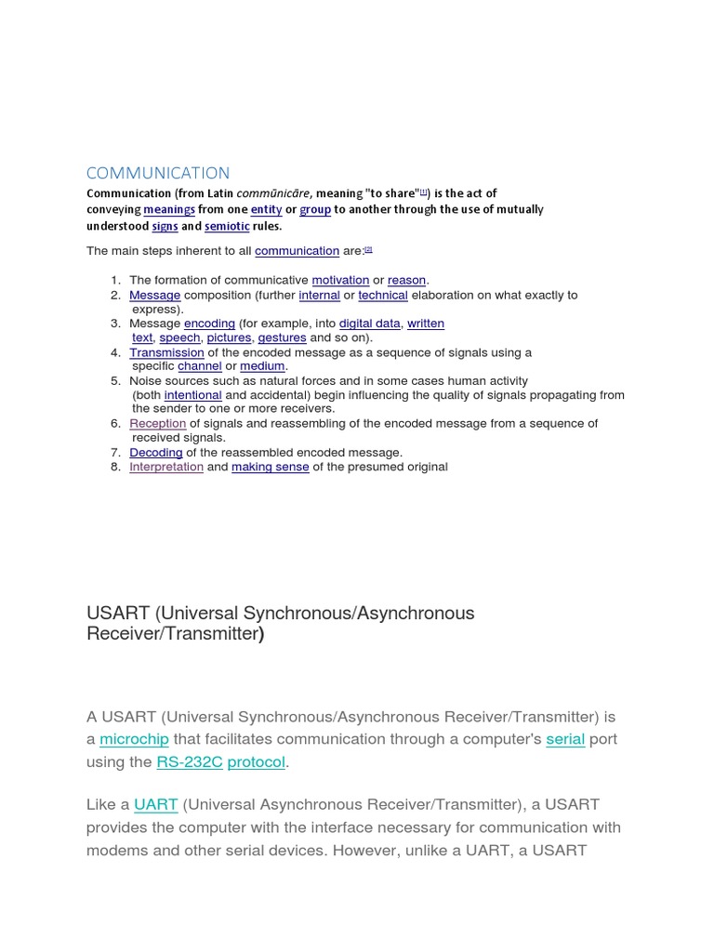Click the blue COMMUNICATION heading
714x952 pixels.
pos(157,173)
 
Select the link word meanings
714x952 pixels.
pos(169,210)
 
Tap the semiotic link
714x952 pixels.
pos(227,226)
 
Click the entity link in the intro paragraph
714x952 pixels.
pos(266,210)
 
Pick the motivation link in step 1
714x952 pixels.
pos(340,280)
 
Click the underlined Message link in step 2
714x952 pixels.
pos(154,295)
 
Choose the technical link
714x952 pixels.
pos(383,295)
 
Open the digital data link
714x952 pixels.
pos(369,324)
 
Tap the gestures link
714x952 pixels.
pos(282,337)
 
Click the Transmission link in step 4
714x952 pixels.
pos(166,352)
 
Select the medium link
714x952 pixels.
pos(262,366)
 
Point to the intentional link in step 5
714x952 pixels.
pos(192,395)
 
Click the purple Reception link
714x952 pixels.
pos(157,424)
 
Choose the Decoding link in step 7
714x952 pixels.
pos(155,453)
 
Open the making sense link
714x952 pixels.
pos(270,467)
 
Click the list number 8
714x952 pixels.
pos(115,467)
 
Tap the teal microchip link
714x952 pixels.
pos(134,739)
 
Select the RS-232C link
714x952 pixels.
pos(190,762)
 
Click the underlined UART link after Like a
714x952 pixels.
pos(155,804)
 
